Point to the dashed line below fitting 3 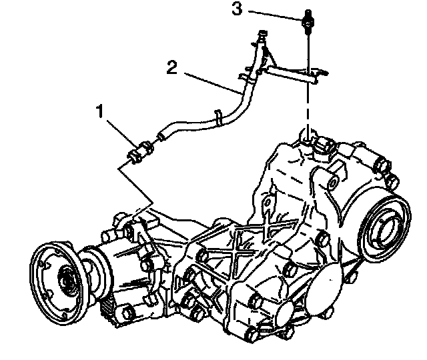[308, 107]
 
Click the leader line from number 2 [210, 81]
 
